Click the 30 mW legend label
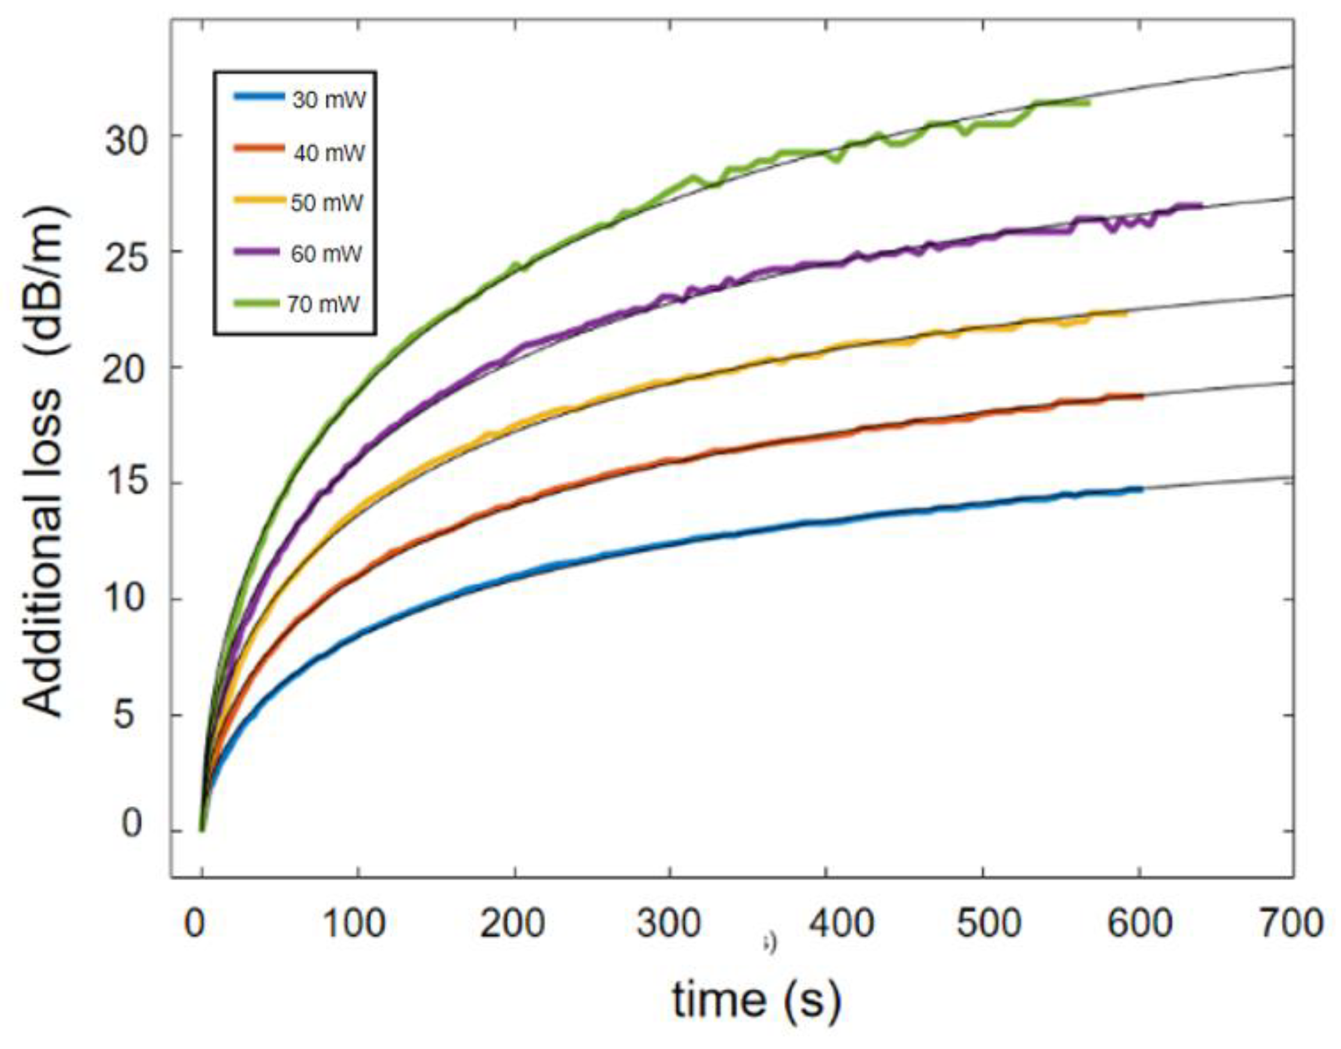[329, 99]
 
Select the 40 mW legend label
[329, 152]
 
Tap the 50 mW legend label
[327, 203]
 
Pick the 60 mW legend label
[326, 254]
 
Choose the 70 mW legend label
[323, 304]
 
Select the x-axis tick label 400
[841, 923]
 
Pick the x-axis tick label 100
[354, 923]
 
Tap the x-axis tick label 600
[1139, 923]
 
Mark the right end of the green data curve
[1088, 102]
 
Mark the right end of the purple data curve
[1200, 206]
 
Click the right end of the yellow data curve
[1127, 314]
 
